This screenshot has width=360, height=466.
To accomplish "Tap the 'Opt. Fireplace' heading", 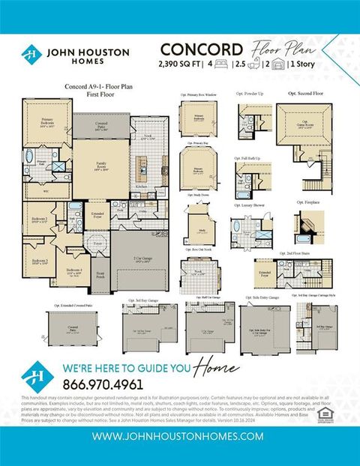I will [x=308, y=202].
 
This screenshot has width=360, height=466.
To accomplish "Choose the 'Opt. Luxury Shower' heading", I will [x=253, y=202].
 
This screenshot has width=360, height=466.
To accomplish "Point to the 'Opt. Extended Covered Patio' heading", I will [x=73, y=306].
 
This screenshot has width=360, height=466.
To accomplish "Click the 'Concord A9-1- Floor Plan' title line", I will [x=93, y=86].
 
